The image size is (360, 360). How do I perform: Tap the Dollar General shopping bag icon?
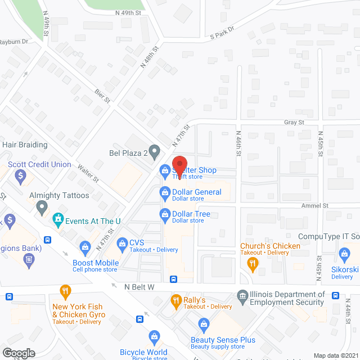pyautogui.click(x=165, y=192)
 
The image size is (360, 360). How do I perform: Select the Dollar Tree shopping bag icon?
pyautogui.click(x=165, y=213)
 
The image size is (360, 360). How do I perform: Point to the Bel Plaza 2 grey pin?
pyautogui.click(x=156, y=151)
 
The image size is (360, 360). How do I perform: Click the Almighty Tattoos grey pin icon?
pyautogui.click(x=41, y=208)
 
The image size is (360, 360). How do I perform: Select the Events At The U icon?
pyautogui.click(x=57, y=219)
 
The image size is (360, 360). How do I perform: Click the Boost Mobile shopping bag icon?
pyautogui.click(x=85, y=246)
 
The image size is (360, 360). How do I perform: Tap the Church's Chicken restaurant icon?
pyautogui.click(x=253, y=262)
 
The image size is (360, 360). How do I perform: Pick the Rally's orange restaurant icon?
pyautogui.click(x=175, y=299)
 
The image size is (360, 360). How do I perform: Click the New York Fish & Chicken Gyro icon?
pyautogui.click(x=66, y=291)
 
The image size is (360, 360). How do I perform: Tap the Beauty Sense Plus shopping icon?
pyautogui.click(x=204, y=323)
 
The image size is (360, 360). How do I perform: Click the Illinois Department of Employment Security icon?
pyautogui.click(x=242, y=295)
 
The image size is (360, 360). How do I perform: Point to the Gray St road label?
pyautogui.click(x=294, y=121)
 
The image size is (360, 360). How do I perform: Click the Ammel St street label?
pyautogui.click(x=314, y=206)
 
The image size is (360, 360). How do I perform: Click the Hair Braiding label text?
pyautogui.click(x=25, y=145)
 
